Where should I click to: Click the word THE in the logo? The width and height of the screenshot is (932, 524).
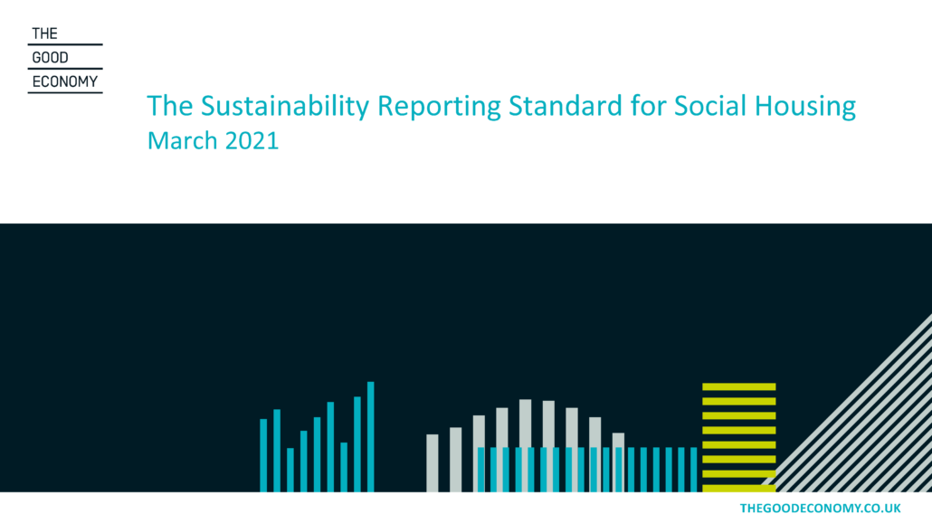[x=44, y=33]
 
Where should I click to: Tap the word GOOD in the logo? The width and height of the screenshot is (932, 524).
[x=50, y=58]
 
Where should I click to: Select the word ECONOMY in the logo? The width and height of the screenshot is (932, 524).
[x=65, y=81]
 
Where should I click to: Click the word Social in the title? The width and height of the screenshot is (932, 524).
[x=710, y=106]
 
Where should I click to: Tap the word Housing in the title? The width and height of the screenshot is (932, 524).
[x=805, y=107]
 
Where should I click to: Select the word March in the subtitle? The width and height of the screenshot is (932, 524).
[x=183, y=141]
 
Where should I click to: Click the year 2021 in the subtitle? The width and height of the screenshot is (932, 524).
[x=252, y=141]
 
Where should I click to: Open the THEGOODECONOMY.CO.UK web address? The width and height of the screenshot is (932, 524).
[x=821, y=508]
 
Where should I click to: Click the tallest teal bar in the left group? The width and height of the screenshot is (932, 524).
[x=371, y=436]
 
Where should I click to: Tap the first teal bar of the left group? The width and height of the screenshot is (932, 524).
[x=263, y=455]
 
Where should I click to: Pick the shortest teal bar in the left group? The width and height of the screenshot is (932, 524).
[x=290, y=470]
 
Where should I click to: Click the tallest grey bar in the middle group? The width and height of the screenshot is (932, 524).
[x=526, y=445]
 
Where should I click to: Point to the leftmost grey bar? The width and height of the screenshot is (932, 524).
[x=433, y=463]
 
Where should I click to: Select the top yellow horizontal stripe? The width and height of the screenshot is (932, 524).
[x=739, y=386]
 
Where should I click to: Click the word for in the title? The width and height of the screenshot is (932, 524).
[x=648, y=106]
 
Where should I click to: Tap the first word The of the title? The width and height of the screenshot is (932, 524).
[x=170, y=106]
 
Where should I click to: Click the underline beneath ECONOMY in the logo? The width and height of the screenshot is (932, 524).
[x=65, y=92]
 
